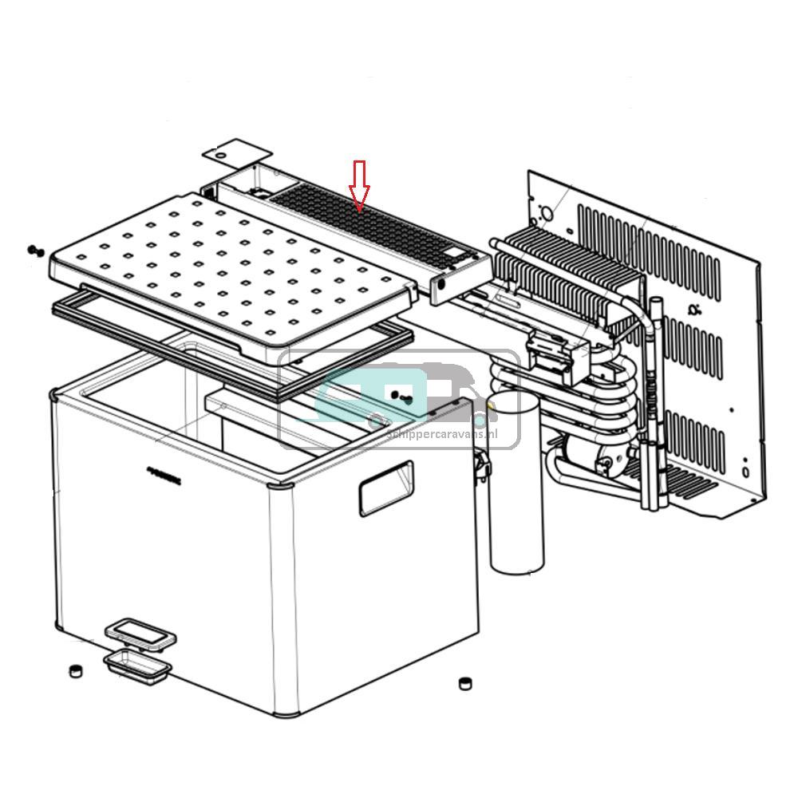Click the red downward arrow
pos(360,185)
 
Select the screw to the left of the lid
pos(34,251)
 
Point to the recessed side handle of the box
pos(385,488)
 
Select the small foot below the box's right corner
pos(464,683)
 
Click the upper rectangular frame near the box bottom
pos(140,634)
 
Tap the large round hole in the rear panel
pos(547,214)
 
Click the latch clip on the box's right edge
pos(480,467)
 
